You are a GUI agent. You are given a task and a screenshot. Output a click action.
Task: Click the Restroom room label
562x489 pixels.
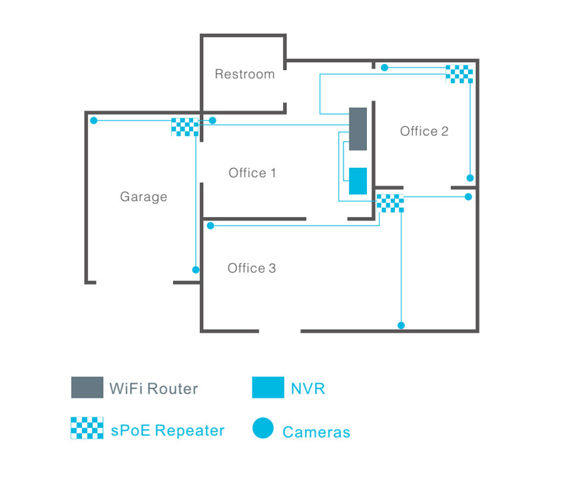point(244,74)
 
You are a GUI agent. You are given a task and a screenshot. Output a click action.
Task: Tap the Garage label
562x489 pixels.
point(143,197)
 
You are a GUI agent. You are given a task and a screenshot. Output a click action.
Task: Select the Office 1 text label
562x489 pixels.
point(252,173)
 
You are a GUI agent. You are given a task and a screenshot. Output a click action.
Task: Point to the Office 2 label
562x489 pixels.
point(424,131)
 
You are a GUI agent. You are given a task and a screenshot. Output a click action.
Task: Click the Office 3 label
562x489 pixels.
point(252,268)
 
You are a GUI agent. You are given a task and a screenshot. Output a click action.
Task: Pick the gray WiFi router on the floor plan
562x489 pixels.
point(358,129)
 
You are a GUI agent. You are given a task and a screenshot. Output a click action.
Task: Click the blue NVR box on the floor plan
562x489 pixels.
point(358,181)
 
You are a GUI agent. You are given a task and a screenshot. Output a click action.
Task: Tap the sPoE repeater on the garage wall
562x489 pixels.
point(184,127)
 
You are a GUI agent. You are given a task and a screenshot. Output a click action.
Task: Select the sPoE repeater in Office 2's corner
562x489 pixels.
point(459,73)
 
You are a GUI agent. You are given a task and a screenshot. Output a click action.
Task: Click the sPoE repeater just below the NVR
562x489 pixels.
point(390,203)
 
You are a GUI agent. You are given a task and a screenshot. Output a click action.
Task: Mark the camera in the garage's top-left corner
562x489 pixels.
point(94,121)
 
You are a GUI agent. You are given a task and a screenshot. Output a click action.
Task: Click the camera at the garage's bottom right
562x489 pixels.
point(196,270)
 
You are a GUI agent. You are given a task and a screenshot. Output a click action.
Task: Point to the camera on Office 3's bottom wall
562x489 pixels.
point(401,325)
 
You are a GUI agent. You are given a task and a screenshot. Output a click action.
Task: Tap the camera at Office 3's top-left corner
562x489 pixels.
point(210,227)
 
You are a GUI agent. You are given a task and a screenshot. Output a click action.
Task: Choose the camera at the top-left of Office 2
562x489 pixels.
point(384,67)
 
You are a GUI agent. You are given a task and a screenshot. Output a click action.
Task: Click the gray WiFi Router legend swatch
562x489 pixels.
point(87,387)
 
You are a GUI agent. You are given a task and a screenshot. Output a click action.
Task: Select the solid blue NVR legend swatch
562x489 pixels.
point(268,387)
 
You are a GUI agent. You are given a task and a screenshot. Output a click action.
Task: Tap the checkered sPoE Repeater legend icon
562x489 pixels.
point(87,428)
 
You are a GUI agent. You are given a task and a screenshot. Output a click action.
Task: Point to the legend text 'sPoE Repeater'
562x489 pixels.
point(168,430)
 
